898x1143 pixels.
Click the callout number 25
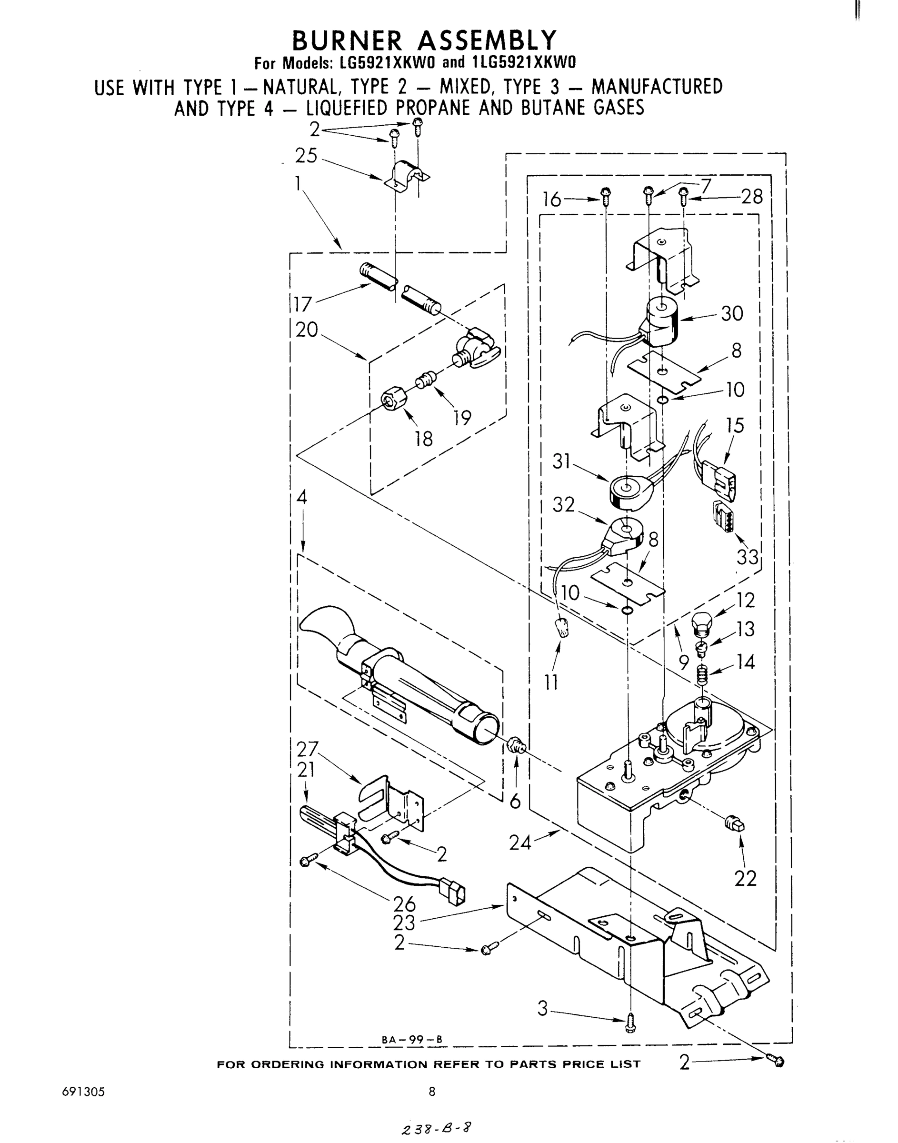pos(306,156)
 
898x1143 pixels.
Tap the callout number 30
pos(732,314)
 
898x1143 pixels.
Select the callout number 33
pos(748,556)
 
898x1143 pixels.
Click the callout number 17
pos(303,304)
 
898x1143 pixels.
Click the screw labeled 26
pos(308,860)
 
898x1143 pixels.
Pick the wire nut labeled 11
pos(563,627)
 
